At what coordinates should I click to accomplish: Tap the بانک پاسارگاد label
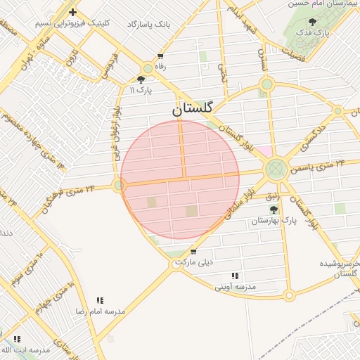coord(149,24)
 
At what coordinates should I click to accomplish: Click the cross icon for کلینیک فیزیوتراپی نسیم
coord(72,12)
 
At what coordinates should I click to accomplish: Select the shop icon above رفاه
coord(160,56)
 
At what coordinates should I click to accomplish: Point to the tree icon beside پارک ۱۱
coord(141,79)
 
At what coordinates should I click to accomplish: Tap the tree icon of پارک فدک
coord(311,22)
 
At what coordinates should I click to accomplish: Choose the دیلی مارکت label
coord(193,262)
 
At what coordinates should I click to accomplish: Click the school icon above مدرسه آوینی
coord(235,276)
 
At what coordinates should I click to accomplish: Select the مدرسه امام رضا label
coord(99,310)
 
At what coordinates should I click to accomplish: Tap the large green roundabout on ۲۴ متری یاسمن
coord(276,169)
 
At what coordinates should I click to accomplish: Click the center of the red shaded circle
coord(180,179)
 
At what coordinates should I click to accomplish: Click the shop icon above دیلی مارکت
coord(193,251)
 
